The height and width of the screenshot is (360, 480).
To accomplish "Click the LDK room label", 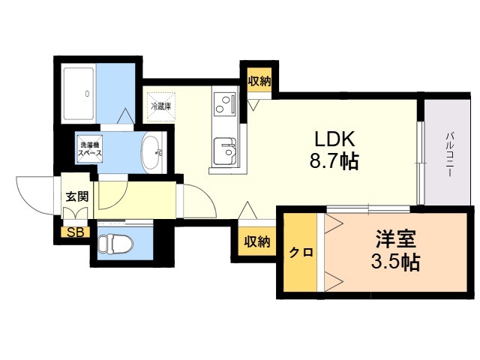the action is pyautogui.click(x=335, y=139).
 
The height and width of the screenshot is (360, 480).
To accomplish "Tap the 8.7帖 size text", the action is pyautogui.click(x=334, y=161).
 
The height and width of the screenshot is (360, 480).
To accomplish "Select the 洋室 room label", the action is pyautogui.click(x=396, y=239).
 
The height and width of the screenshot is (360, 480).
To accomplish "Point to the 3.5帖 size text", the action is pyautogui.click(x=395, y=262).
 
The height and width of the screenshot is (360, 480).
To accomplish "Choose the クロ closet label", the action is pyautogui.click(x=301, y=253).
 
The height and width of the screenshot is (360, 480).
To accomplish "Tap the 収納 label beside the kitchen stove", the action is pyautogui.click(x=259, y=81).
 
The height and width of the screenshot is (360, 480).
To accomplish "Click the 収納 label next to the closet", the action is pyautogui.click(x=257, y=242).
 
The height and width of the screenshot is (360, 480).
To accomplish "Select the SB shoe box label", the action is pyautogui.click(x=75, y=232).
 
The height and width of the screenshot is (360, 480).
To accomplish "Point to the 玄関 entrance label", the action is pyautogui.click(x=77, y=196).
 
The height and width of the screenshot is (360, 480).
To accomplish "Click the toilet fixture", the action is pyautogui.click(x=115, y=243).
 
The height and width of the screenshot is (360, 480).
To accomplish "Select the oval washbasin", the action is pyautogui.click(x=152, y=152).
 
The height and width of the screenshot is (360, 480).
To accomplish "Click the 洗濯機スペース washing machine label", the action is pyautogui.click(x=89, y=149).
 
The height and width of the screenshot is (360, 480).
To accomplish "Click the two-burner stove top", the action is pyautogui.click(x=225, y=105).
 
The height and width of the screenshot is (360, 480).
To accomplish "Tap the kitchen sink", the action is pyautogui.click(x=225, y=151).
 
